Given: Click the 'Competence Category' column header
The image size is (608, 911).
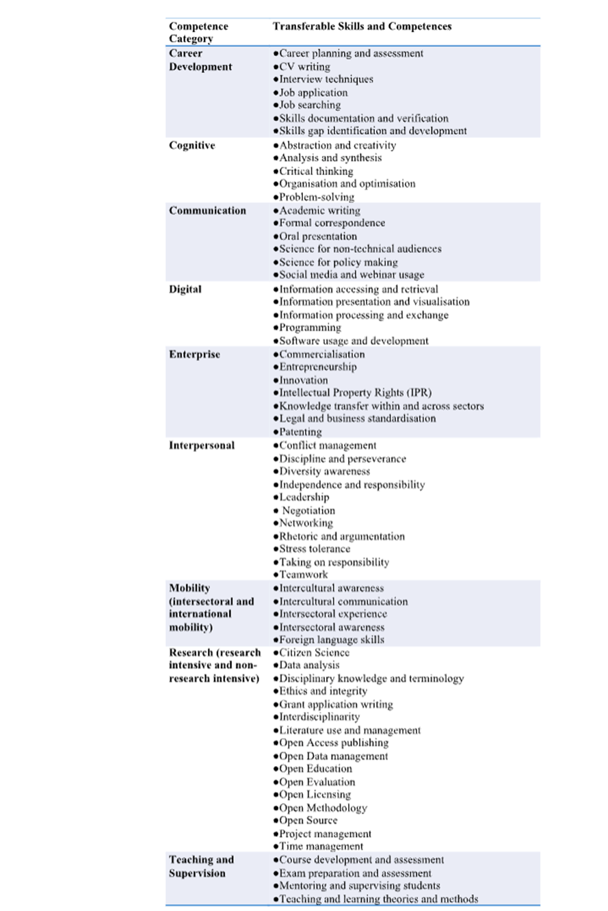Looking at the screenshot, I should (198, 32).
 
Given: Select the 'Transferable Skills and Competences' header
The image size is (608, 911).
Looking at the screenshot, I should (362, 26).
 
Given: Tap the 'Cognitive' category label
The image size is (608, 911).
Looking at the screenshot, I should (192, 145).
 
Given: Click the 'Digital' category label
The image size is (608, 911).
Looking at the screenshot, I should (185, 289).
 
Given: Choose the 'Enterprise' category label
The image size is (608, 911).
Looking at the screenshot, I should (194, 354).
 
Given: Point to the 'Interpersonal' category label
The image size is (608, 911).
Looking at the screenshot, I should (202, 445).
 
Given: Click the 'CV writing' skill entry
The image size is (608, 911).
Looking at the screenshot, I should (304, 66).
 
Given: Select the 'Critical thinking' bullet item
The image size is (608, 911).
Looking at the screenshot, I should (316, 171).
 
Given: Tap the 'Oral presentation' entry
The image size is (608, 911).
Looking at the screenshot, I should (318, 237).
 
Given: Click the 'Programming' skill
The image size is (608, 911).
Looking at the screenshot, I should (310, 328).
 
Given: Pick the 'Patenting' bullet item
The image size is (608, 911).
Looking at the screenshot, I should (300, 432).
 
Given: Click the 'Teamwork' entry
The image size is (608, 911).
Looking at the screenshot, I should (303, 575).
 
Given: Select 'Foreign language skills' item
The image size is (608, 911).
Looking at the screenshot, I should (332, 640).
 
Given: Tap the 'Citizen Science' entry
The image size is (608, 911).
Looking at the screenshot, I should (314, 652).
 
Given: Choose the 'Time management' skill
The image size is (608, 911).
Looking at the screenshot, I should (321, 847).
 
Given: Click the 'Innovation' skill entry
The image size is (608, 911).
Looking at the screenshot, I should (304, 380).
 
